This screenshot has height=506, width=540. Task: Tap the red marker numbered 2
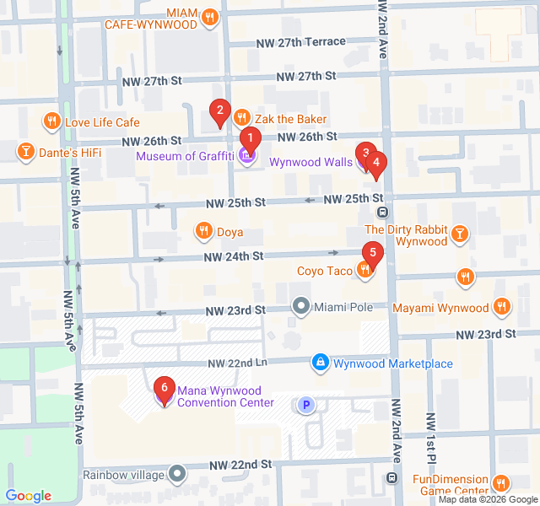(219, 110)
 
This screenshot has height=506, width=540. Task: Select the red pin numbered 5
(371, 252)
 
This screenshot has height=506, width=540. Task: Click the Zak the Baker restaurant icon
(242, 119)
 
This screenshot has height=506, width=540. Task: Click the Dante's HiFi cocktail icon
(26, 152)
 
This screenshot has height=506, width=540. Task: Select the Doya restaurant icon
(203, 230)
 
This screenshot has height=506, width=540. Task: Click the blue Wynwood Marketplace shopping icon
(320, 363)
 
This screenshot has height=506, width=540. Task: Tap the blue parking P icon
(307, 406)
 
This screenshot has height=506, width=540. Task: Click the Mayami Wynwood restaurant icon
(502, 308)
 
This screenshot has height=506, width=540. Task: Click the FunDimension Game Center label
(450, 485)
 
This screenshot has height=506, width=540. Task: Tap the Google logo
(29, 496)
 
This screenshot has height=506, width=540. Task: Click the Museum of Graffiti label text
(185, 155)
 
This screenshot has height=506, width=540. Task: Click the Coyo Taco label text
(324, 271)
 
